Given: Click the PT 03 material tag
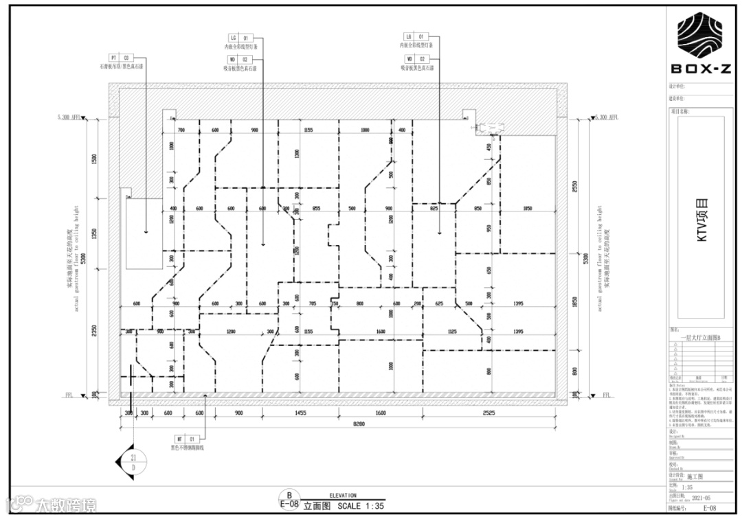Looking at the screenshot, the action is click(x=120, y=58).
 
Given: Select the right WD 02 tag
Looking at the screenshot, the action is click(x=416, y=60).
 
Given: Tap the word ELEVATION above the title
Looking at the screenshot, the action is click(x=343, y=495).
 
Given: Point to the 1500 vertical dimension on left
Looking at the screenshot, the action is click(x=95, y=158).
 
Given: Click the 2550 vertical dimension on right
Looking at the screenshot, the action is click(x=575, y=187).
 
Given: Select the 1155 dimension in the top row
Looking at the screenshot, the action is click(x=308, y=130).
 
